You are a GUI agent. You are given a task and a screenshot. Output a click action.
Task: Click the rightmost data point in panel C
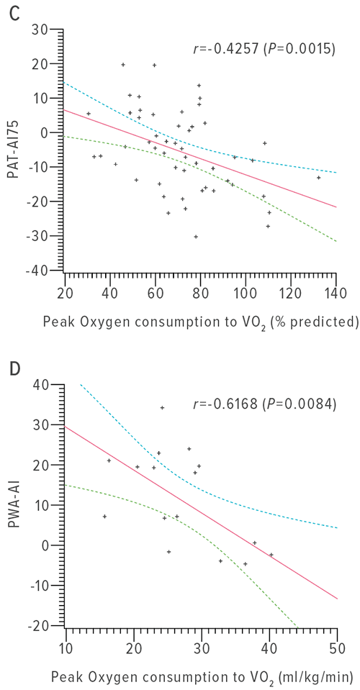[x=318, y=178]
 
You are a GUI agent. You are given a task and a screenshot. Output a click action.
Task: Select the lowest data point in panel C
[x=196, y=237]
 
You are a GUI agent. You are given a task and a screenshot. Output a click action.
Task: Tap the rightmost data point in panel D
[x=271, y=555]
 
